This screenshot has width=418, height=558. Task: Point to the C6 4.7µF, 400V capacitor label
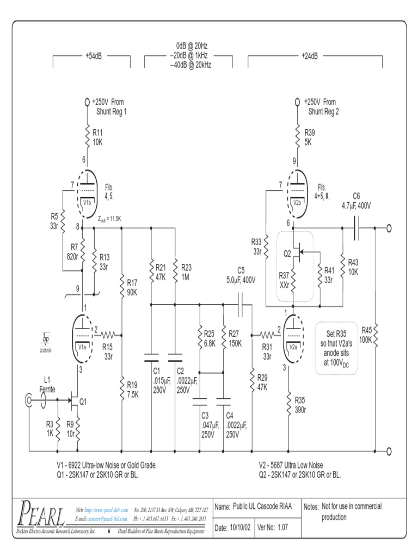356,201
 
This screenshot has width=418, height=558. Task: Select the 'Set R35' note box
337,348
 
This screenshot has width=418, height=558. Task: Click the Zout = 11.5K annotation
110,219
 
